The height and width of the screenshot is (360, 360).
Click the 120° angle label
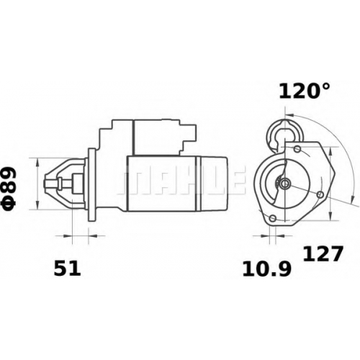click(x=305, y=91)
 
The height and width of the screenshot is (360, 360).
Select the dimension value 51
click(x=67, y=268)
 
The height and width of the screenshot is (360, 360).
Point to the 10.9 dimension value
click(x=267, y=269)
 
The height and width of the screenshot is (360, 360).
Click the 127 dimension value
click(x=322, y=253)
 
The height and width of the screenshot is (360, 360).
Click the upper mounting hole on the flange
click(x=297, y=149)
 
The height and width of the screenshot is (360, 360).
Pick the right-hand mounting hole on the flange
click(x=320, y=194)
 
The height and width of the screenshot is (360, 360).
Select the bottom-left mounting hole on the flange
click(x=272, y=218)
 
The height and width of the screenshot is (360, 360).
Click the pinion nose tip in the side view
click(x=45, y=184)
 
